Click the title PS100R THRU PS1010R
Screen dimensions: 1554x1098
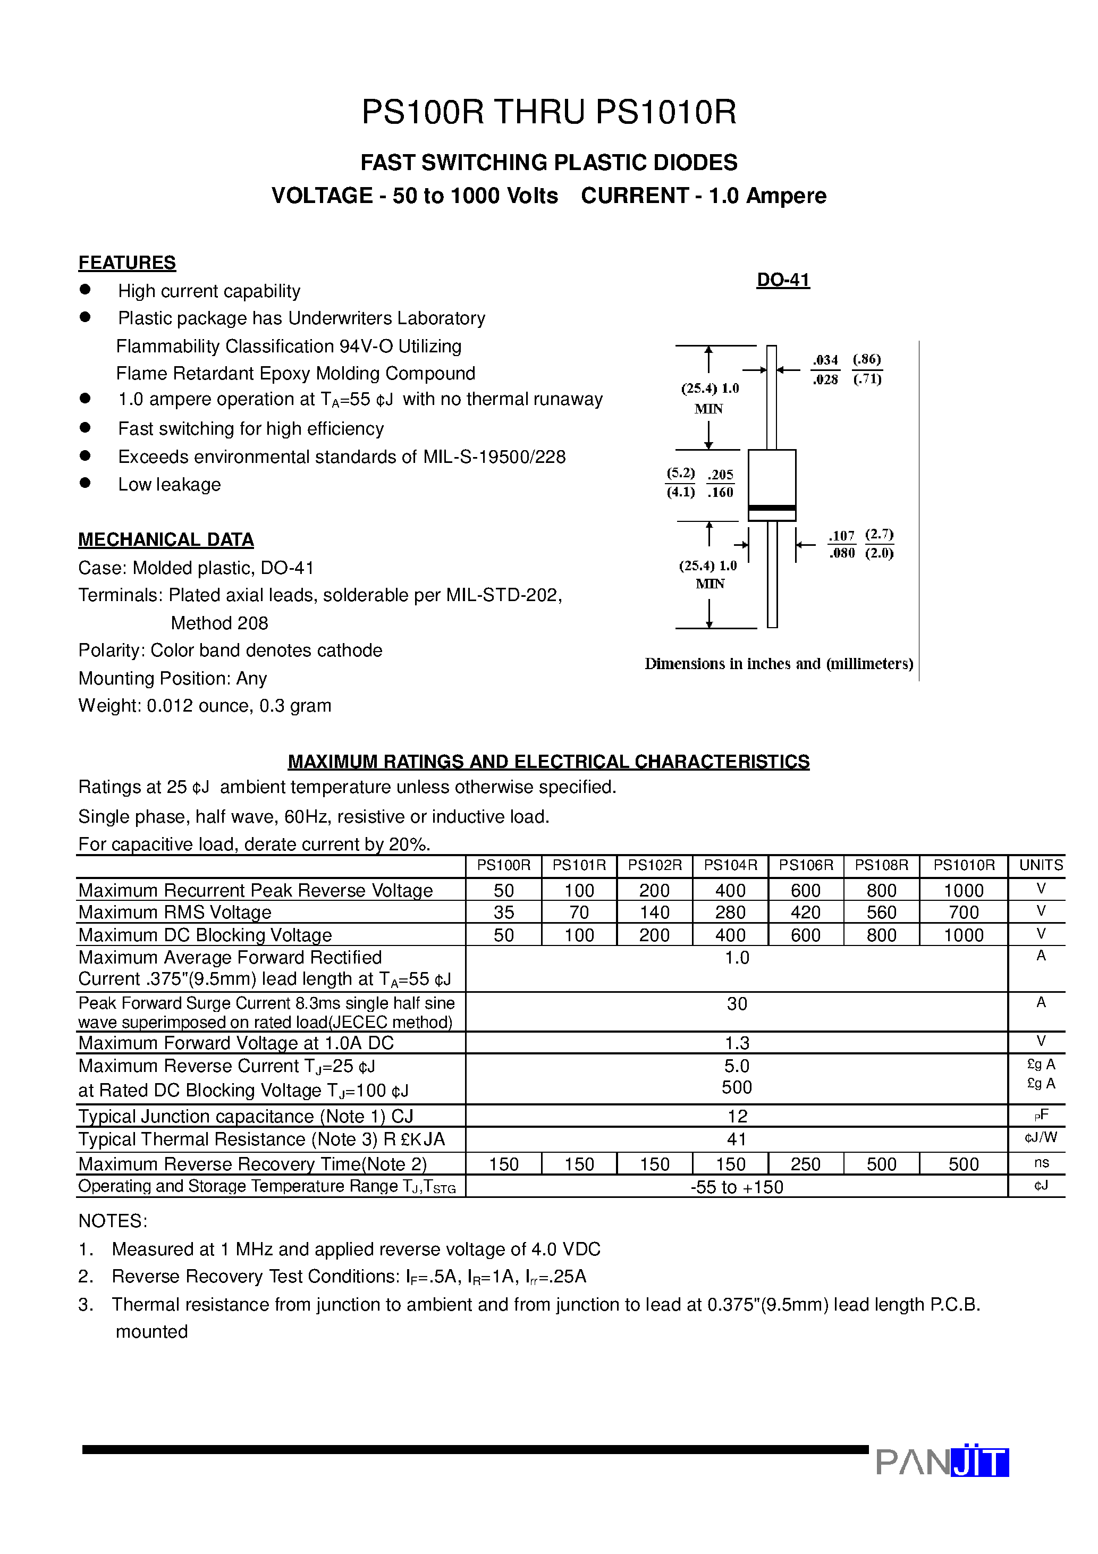tap(548, 112)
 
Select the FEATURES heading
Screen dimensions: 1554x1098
tap(127, 263)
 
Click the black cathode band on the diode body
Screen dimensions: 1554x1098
tap(772, 508)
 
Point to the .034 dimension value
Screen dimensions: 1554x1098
tap(825, 360)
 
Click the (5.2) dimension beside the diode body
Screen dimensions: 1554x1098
tap(680, 473)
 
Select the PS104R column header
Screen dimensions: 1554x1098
tap(730, 865)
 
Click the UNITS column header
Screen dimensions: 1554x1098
tap(1041, 865)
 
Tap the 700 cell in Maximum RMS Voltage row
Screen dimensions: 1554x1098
tap(964, 913)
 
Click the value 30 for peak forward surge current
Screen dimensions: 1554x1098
tap(737, 1004)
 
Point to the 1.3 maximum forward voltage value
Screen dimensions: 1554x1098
tap(737, 1043)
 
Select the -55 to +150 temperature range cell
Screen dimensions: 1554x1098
tap(737, 1187)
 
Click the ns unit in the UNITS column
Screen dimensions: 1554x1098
tap(1041, 1163)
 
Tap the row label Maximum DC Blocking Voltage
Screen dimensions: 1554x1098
tap(205, 935)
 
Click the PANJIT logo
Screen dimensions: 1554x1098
tap(942, 1462)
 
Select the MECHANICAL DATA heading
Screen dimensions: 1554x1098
tap(166, 539)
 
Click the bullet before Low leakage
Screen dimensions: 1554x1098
tap(85, 483)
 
